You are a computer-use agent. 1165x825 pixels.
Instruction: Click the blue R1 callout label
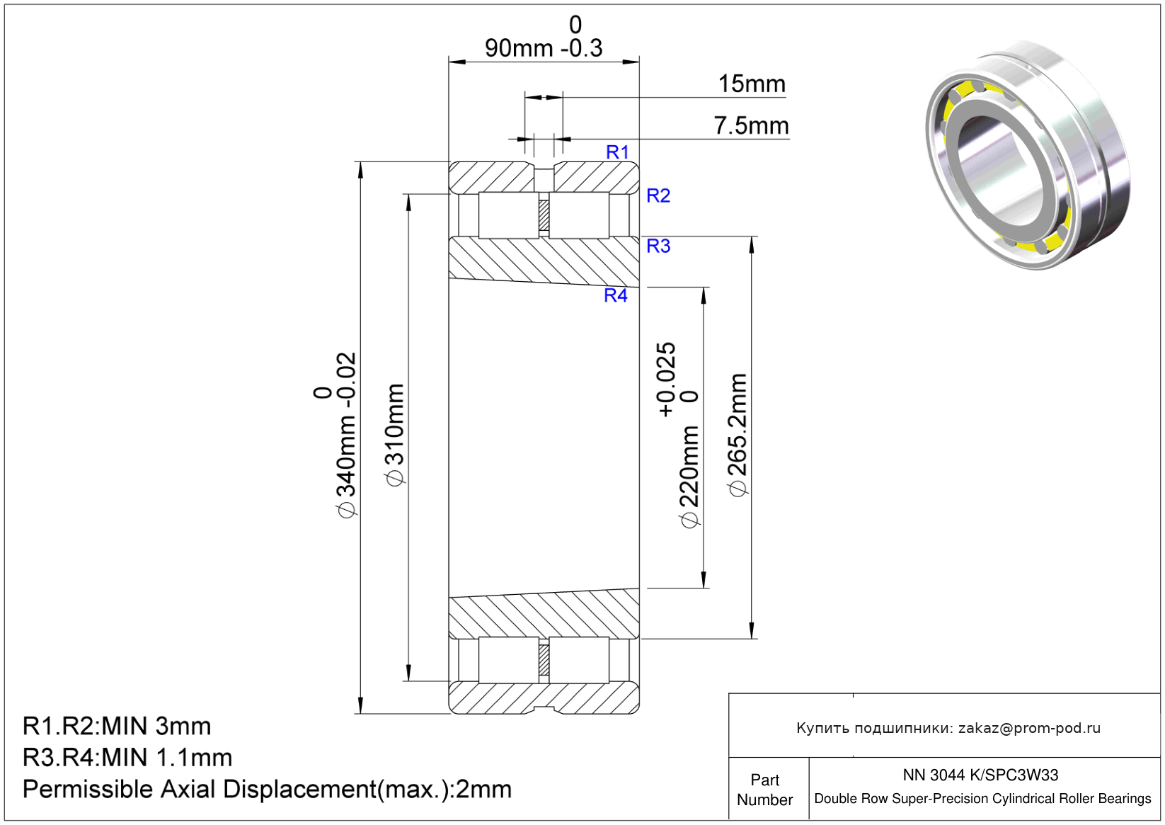pyautogui.click(x=617, y=152)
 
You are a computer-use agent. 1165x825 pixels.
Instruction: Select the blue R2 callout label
pyautogui.click(x=658, y=195)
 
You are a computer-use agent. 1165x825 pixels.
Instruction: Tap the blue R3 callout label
pyautogui.click(x=658, y=246)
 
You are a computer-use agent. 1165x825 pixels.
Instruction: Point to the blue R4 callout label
pyautogui.click(x=615, y=295)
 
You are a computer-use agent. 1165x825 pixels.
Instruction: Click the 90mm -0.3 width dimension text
pyautogui.click(x=544, y=48)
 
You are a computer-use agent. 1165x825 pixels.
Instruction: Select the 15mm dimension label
pyautogui.click(x=752, y=84)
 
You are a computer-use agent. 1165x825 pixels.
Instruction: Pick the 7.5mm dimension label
pyautogui.click(x=751, y=125)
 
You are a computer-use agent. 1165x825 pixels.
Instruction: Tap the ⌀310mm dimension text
pyautogui.click(x=395, y=435)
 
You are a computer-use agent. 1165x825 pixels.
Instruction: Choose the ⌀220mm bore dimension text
pyautogui.click(x=689, y=477)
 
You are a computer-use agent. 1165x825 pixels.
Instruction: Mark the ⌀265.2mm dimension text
pyautogui.click(x=737, y=435)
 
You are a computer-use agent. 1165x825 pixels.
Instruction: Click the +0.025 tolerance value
pyautogui.click(x=666, y=380)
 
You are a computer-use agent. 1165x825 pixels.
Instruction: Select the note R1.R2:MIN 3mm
pyautogui.click(x=117, y=726)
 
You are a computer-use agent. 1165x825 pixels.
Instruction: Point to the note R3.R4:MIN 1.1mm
pyautogui.click(x=127, y=757)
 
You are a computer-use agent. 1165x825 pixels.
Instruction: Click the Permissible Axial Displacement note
pyautogui.click(x=267, y=789)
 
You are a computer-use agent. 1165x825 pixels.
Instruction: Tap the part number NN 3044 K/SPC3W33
pyautogui.click(x=980, y=775)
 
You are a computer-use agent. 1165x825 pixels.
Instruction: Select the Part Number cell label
pyautogui.click(x=764, y=790)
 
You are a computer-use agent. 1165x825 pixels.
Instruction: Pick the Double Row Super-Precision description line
pyautogui.click(x=982, y=799)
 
